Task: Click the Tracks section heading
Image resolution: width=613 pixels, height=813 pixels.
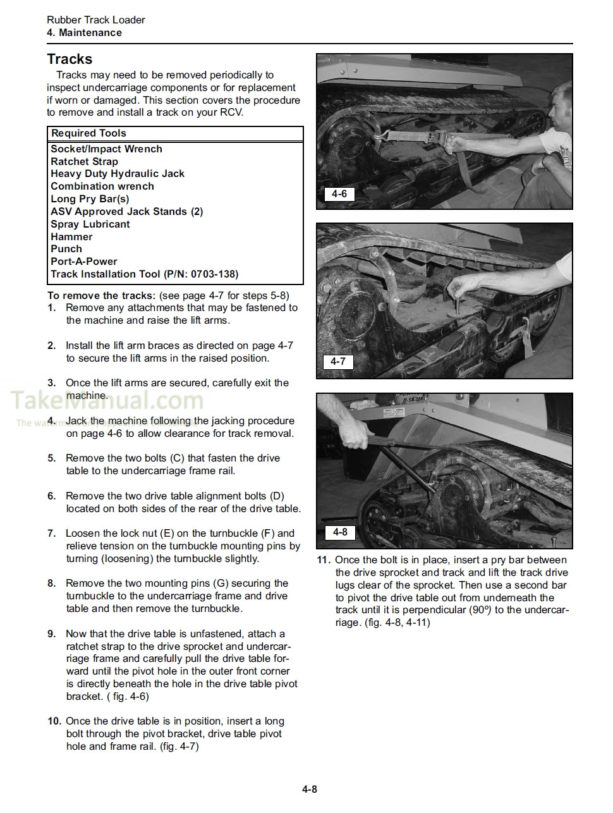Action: (x=70, y=59)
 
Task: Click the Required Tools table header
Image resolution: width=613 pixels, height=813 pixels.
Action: (x=88, y=133)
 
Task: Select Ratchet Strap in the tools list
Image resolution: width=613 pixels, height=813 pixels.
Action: (x=84, y=161)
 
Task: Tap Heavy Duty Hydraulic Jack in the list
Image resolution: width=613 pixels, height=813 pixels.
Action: (x=118, y=174)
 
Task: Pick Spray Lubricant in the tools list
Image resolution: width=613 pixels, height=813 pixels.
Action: (x=90, y=224)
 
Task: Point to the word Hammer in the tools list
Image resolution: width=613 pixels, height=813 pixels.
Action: (x=71, y=237)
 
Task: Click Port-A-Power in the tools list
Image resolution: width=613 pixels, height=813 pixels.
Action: (x=83, y=262)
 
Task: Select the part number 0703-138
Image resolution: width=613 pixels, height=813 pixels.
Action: (x=212, y=274)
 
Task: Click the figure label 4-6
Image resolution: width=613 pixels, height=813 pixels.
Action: (x=339, y=194)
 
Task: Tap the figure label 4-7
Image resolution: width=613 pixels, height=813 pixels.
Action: (x=338, y=362)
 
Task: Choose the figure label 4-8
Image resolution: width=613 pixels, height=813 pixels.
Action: (x=340, y=532)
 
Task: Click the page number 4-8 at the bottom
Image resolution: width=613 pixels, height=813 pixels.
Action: (x=309, y=789)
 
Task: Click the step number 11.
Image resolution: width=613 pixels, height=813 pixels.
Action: (x=324, y=560)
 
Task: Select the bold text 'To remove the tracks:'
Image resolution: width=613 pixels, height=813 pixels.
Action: (x=101, y=296)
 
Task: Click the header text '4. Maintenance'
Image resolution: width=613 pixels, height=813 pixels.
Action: (x=84, y=33)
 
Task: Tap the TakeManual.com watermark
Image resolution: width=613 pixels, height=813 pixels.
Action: (x=107, y=401)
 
